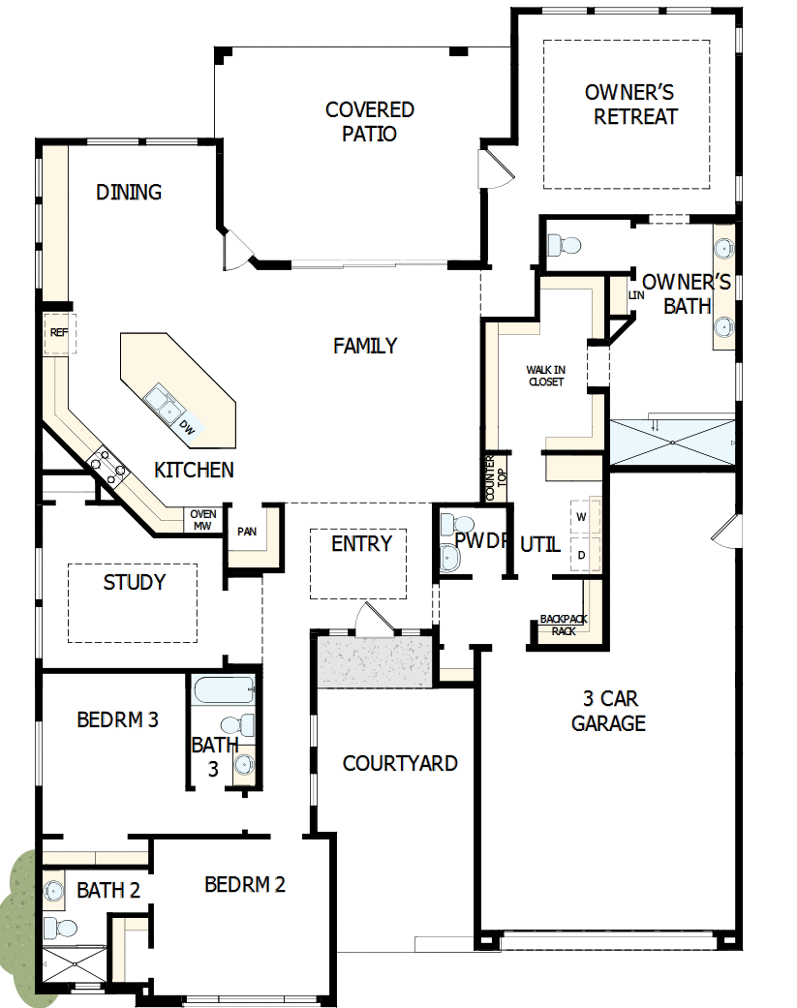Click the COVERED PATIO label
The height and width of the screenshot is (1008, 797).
click(x=369, y=122)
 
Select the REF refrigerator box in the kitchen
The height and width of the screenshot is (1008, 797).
click(x=59, y=333)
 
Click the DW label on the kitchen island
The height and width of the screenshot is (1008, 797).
click(x=189, y=427)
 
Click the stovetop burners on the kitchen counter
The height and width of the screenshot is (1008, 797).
click(x=107, y=467)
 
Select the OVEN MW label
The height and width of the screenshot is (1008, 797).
click(x=202, y=520)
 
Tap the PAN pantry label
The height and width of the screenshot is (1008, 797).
click(x=247, y=532)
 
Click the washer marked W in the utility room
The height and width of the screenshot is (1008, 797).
click(x=582, y=517)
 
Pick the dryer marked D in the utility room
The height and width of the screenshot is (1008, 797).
click(x=582, y=555)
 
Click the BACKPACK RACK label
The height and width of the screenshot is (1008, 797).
click(x=564, y=625)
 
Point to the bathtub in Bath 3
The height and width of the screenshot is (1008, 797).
click(x=224, y=691)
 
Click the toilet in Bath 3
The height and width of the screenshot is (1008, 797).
click(x=238, y=724)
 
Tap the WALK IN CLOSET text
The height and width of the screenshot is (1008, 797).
click(x=545, y=376)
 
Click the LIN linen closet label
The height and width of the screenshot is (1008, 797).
click(x=635, y=294)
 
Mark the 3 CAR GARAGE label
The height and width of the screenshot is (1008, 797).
click(x=608, y=711)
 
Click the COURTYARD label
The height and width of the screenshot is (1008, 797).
click(x=400, y=763)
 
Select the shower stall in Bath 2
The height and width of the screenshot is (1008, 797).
click(x=73, y=965)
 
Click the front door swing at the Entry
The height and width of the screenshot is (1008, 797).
click(x=374, y=620)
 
